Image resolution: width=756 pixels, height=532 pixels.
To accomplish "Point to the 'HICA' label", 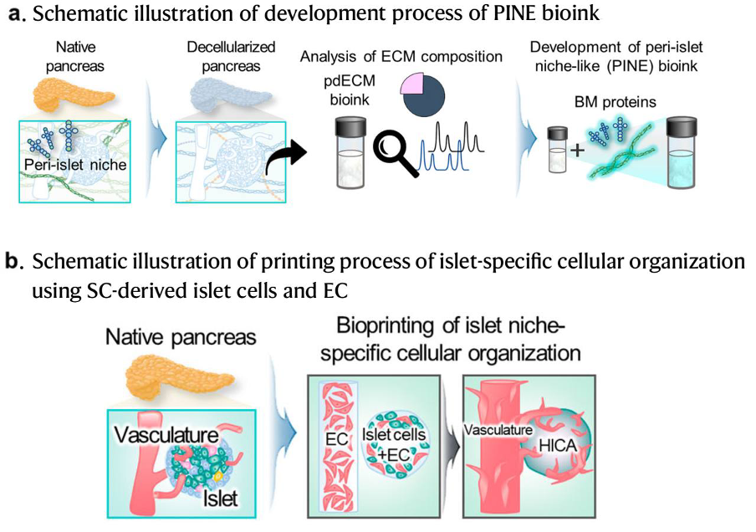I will click(x=558, y=446).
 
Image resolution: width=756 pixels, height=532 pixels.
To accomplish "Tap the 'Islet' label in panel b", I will click(x=220, y=499).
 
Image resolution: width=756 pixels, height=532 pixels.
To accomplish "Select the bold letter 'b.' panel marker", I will click(x=15, y=262).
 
